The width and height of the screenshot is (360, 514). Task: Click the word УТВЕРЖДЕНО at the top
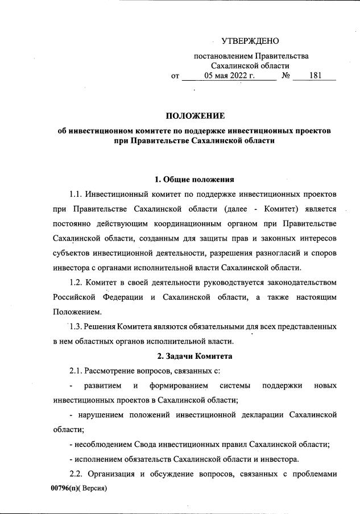pyautogui.click(x=250, y=42)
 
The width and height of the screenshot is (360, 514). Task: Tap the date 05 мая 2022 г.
pyautogui.click(x=229, y=75)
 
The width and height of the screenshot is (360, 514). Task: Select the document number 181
pyautogui.click(x=316, y=75)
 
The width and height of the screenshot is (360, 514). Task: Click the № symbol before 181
pyautogui.click(x=287, y=75)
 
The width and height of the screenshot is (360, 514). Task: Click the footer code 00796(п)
pyautogui.click(x=65, y=488)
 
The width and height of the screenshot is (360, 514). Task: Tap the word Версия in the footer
pyautogui.click(x=93, y=488)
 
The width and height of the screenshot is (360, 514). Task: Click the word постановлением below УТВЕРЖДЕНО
pyautogui.click(x=223, y=56)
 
